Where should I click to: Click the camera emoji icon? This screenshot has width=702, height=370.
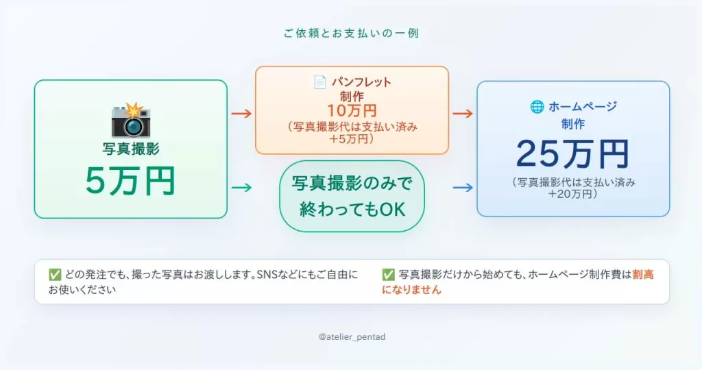click(x=131, y=120)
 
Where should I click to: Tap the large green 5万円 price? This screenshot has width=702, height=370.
click(x=130, y=181)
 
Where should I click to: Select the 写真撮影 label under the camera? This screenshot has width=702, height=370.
click(x=131, y=149)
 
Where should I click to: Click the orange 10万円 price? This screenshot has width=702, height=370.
click(x=352, y=110)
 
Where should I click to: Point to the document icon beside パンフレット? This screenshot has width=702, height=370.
click(x=319, y=82)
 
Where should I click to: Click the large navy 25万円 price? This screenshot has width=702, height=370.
click(x=572, y=154)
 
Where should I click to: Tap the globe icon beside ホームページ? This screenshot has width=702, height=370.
click(x=537, y=106)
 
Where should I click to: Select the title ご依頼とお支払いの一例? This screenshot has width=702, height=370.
click(x=352, y=33)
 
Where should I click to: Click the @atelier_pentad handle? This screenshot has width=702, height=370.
click(x=352, y=337)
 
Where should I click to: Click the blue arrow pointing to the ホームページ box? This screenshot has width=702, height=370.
click(x=463, y=188)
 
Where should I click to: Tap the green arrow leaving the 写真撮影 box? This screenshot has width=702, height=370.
click(x=242, y=188)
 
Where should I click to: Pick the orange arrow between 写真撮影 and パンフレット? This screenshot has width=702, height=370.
click(x=242, y=114)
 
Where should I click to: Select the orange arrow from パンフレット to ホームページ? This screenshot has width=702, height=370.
click(x=463, y=114)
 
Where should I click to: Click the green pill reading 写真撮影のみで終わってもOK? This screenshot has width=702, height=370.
click(x=352, y=196)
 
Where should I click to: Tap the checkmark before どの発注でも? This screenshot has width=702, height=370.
click(x=55, y=275)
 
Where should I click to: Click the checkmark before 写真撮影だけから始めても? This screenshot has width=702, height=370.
click(x=388, y=275)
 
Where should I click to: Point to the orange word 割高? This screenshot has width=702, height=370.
click(x=643, y=274)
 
